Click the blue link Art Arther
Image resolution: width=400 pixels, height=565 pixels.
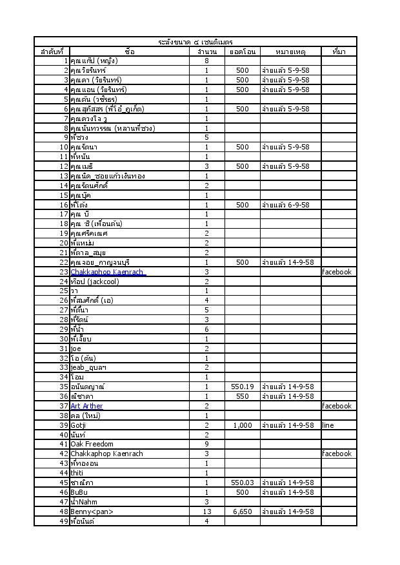[x=86, y=406]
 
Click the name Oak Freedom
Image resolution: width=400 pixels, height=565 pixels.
[x=92, y=444]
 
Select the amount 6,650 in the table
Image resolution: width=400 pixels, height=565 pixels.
[x=243, y=512]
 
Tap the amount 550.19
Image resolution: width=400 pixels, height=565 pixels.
[x=243, y=387]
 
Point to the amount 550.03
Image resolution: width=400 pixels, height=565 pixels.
[x=243, y=483]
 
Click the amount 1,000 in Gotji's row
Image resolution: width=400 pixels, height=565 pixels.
[x=243, y=425]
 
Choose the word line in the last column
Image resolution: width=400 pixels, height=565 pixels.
[x=328, y=425]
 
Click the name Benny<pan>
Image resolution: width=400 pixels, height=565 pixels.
[x=92, y=512]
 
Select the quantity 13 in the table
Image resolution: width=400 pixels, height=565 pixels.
[x=206, y=512]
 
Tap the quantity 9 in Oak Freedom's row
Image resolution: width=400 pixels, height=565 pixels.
[x=206, y=444]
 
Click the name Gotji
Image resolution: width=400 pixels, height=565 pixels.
[x=79, y=425]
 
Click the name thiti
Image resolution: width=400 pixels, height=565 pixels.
[x=77, y=473]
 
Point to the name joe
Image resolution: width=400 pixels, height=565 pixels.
[x=76, y=349]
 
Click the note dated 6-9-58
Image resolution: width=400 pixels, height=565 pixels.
[x=287, y=205]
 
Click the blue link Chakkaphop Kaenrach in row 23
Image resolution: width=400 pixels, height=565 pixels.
[x=107, y=272]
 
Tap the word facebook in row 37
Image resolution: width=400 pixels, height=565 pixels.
[x=337, y=406]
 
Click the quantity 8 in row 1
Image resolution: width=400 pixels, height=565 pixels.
[x=206, y=61]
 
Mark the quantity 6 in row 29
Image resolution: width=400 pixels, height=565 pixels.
[x=206, y=329]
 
